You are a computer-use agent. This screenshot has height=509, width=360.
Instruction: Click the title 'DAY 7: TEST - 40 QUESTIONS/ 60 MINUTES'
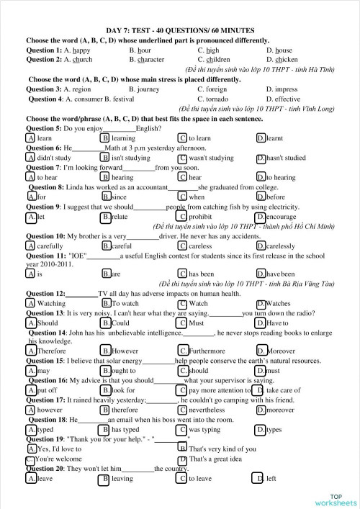[x=179, y=30]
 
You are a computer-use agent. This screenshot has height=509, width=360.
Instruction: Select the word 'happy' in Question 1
[x=81, y=50]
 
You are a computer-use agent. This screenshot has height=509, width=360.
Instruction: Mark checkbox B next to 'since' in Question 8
[x=107, y=197]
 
